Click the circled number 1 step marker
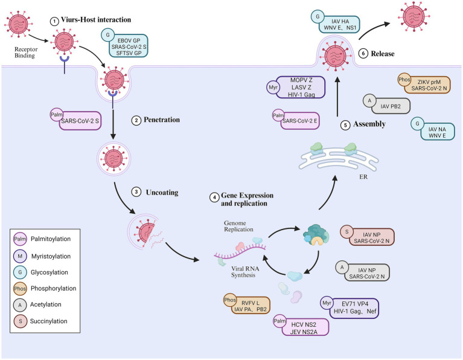54,21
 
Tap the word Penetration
162,120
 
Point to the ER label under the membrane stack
363,177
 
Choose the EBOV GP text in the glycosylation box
129,40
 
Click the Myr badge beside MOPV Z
273,88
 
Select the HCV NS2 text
303,324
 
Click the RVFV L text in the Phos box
251,303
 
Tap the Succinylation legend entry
49,321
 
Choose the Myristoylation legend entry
51,256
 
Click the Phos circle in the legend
20,289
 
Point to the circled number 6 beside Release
363,54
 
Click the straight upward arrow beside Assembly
337,97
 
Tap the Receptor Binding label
26,53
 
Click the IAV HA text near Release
340,21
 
